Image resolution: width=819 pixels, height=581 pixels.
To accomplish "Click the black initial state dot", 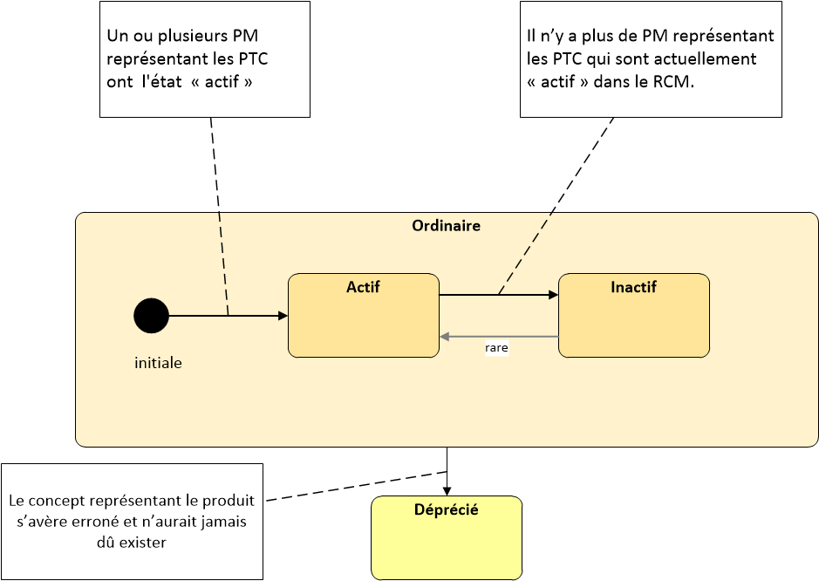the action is coord(152,316).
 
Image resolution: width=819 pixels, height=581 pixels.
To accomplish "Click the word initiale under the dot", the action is coord(158,363).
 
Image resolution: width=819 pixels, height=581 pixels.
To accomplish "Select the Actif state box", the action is coord(364,316).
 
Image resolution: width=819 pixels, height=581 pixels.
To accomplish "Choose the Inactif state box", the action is coord(634,316).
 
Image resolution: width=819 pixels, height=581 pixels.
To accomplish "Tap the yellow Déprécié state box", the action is coord(447,537).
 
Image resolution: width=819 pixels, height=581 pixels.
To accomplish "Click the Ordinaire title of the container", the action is coord(446,226).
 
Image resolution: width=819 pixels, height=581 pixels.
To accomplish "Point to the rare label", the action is coord(496,348).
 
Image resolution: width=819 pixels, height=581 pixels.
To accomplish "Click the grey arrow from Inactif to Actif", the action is coord(500,337).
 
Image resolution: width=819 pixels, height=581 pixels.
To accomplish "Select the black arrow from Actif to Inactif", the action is coord(499,295).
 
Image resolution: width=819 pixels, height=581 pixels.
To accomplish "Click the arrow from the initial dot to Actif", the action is coord(229,316).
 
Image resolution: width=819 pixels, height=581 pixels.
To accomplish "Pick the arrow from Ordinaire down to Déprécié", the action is coord(447,471).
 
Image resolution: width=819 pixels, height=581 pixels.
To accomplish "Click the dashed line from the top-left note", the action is coord(220,217).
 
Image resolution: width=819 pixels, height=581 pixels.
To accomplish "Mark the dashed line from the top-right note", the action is coord(556,207).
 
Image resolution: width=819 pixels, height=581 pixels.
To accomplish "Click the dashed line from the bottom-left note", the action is coord(356,486).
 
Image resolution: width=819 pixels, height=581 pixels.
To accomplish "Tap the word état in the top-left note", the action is coord(162,81).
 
